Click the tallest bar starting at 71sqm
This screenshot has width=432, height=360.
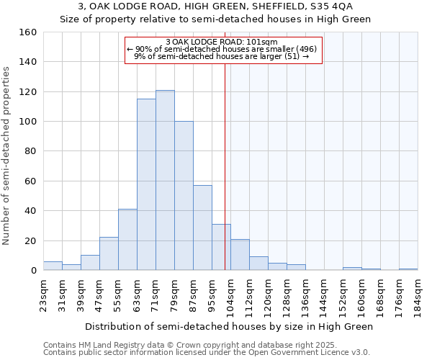point(165,180)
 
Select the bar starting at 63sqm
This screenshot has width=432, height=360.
point(146,184)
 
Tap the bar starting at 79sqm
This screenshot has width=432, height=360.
point(184,196)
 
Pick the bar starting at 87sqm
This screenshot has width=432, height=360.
point(202,228)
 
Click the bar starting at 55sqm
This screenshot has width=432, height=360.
point(127,240)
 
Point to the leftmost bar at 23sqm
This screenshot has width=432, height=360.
point(53,266)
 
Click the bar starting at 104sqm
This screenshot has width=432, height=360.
point(240,255)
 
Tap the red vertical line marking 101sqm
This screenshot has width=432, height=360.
point(225,166)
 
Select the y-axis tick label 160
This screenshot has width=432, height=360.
point(28,32)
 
